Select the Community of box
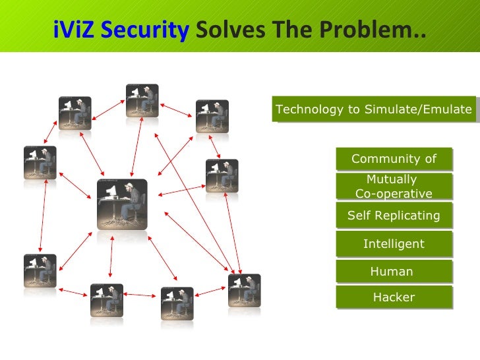[394, 159]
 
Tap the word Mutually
[392, 179]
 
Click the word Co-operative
[394, 194]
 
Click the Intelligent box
[394, 244]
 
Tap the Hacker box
[394, 297]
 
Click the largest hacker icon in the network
[122, 204]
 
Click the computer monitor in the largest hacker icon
[111, 191]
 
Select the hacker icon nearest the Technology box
[212, 116]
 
